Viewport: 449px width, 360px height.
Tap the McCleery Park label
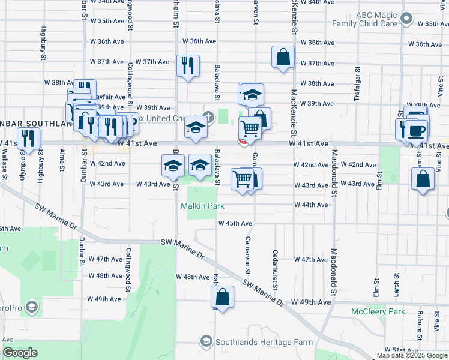coord(378,311)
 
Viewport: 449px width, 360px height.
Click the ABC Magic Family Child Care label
coord(367,19)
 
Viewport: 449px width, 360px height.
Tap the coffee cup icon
coord(416,131)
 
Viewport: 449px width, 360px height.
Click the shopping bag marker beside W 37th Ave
coord(283,58)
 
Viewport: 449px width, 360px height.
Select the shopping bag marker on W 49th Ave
coord(222,297)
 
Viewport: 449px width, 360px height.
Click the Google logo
coord(20,353)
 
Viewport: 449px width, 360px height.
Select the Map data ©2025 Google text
coord(412,355)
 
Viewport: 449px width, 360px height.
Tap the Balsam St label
coord(420,322)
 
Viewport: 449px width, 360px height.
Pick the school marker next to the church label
coord(195,126)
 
